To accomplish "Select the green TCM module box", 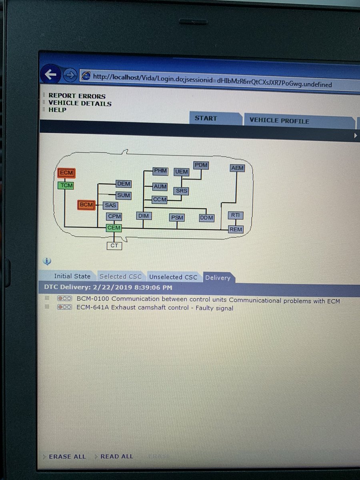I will [x=66, y=185].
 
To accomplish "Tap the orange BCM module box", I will [x=86, y=205].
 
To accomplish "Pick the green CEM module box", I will [x=114, y=228].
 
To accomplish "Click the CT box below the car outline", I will [x=114, y=246].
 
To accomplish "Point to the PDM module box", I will [x=201, y=165].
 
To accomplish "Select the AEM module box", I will [x=237, y=168].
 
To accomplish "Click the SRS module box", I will [x=181, y=191].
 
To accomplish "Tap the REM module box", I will [x=236, y=229].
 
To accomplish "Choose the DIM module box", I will [x=143, y=216].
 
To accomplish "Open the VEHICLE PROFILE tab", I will [x=279, y=121].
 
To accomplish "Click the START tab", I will [x=206, y=118].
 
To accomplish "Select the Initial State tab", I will [x=72, y=276].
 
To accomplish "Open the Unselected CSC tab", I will [x=173, y=277].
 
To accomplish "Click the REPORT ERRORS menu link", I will [x=77, y=96].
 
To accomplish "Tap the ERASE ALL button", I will [x=67, y=456].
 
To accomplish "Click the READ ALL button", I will [x=116, y=456].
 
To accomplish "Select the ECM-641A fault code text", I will [x=155, y=308].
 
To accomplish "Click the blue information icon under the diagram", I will [x=47, y=262].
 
